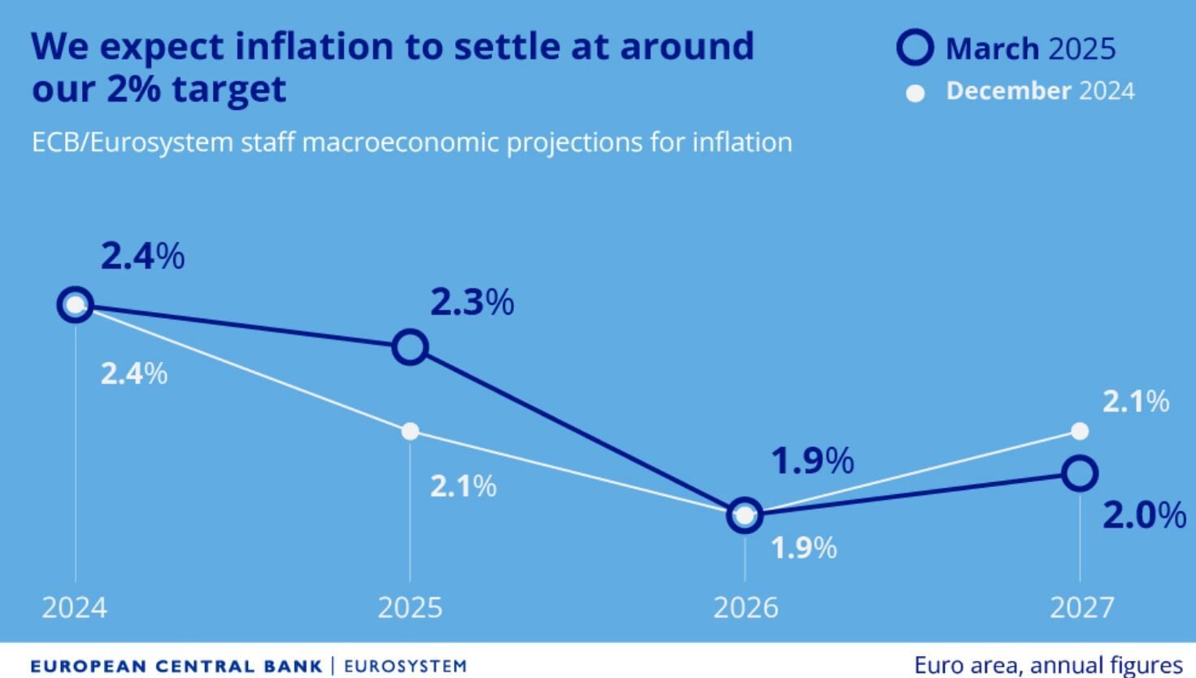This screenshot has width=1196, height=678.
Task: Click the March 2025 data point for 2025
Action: pos(411,347)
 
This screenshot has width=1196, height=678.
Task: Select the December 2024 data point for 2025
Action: pos(411,431)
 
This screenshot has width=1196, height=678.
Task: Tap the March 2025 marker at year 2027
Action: pos(1080,473)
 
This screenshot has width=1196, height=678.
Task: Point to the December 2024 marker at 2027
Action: pos(1080,431)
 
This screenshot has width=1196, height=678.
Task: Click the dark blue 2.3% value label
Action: pos(472,303)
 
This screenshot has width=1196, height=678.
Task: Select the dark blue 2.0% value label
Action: pos(1144,515)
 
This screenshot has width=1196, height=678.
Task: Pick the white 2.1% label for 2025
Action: pos(463,486)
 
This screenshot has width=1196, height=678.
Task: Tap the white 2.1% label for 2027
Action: pos(1135,402)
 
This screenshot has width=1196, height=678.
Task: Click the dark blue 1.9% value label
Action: pos(812,461)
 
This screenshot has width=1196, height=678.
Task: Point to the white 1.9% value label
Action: pos(803,548)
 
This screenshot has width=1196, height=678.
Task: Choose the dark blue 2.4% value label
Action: pos(142,257)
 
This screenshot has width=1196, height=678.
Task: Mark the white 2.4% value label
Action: pos(134,374)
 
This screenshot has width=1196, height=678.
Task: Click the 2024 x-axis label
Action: pos(74,608)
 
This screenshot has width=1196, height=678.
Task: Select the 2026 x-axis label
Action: pos(746,608)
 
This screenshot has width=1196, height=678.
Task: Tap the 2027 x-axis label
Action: pos(1081,608)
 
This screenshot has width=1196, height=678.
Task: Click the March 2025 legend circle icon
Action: pos(915,48)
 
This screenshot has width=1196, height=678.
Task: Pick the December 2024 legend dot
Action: pos(915,93)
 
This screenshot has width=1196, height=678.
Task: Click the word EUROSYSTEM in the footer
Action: pos(406,667)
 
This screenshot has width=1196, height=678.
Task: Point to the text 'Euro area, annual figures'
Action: pos(1048,665)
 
